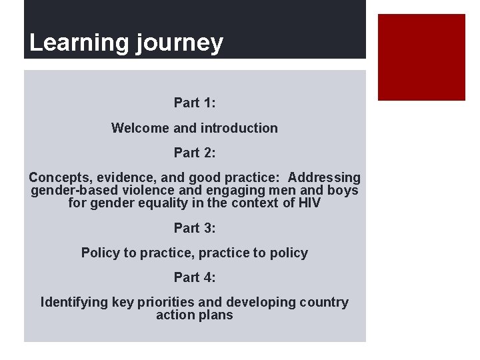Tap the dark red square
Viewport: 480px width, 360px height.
[x=421, y=57]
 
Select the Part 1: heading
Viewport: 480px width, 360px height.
[x=195, y=103]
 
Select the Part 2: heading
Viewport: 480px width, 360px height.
[x=195, y=153]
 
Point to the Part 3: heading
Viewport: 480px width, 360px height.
[x=195, y=228]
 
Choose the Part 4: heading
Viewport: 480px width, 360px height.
[x=195, y=278]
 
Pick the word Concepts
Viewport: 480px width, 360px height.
[x=61, y=178]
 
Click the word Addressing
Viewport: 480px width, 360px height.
[x=324, y=178]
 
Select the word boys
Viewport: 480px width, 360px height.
[x=342, y=191]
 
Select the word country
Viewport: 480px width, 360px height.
[x=325, y=303]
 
